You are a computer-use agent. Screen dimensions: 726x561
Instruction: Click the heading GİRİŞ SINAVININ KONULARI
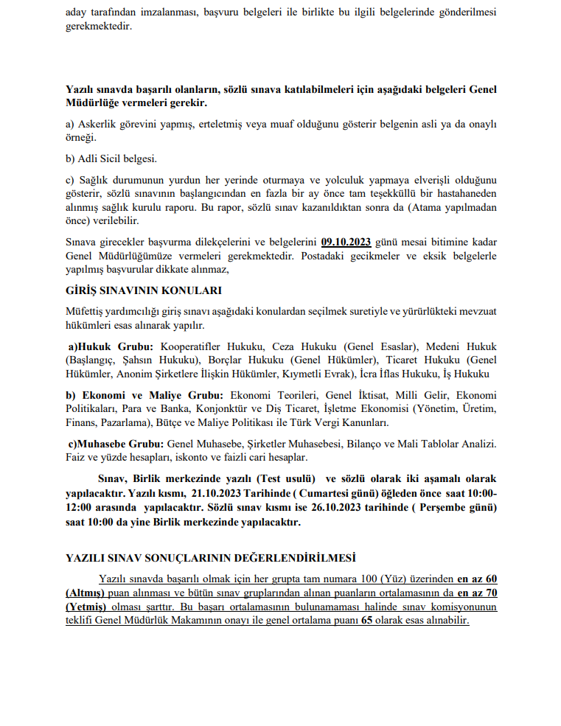click(x=144, y=290)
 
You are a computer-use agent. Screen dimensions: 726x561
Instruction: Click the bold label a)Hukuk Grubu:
click(x=111, y=346)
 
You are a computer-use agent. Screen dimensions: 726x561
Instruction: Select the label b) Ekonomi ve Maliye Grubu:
click(x=147, y=395)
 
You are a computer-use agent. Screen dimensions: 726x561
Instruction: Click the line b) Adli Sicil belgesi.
click(x=111, y=158)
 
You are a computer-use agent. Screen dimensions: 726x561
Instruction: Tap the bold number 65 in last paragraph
click(x=366, y=621)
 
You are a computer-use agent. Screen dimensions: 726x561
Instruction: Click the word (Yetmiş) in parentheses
click(x=86, y=607)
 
